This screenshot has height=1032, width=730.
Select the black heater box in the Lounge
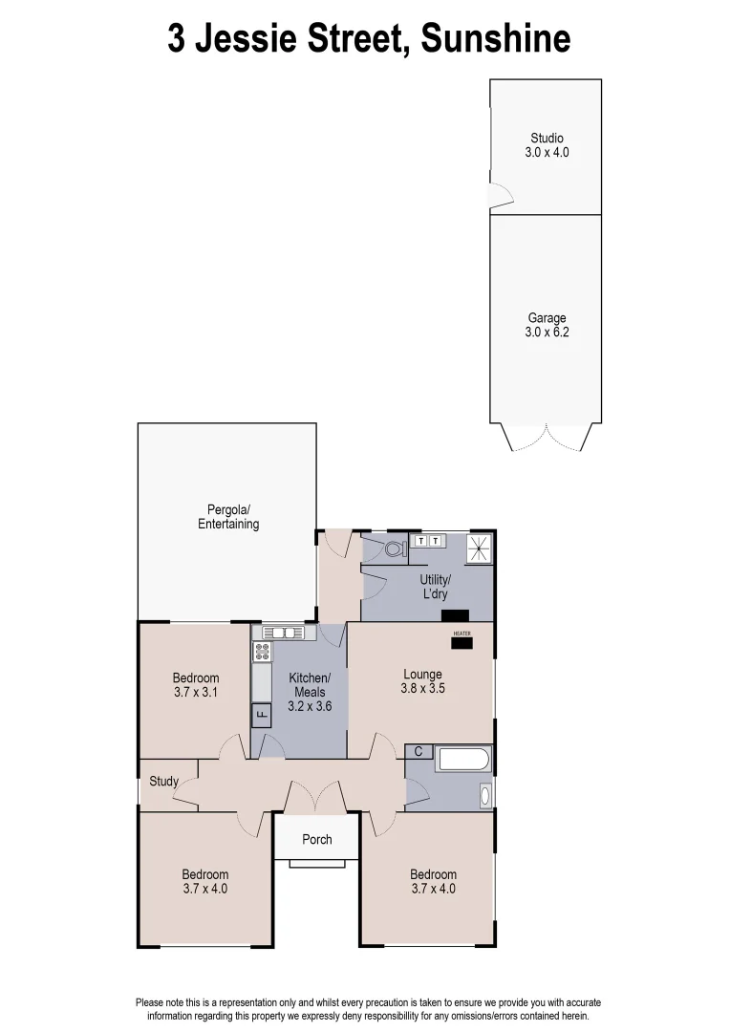[x=462, y=642]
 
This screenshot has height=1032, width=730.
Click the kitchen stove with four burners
[x=261, y=652]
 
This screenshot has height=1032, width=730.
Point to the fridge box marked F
[x=260, y=714]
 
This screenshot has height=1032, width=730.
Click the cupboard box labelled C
[x=419, y=752]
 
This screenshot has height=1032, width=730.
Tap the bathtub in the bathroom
[x=463, y=761]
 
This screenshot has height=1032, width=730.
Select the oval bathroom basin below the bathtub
[x=484, y=795]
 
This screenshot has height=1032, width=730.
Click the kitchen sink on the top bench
[x=284, y=632]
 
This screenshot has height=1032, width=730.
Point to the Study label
[x=163, y=782]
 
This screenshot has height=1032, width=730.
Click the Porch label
[x=317, y=840]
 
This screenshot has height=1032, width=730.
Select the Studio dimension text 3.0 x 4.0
[x=547, y=152]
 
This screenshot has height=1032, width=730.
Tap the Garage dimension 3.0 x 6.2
[x=547, y=333]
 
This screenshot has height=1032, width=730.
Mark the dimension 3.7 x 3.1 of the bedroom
[x=196, y=693]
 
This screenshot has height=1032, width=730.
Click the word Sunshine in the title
[x=495, y=39]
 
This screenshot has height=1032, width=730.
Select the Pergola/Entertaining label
[x=228, y=517]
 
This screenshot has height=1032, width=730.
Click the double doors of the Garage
[x=547, y=438]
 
